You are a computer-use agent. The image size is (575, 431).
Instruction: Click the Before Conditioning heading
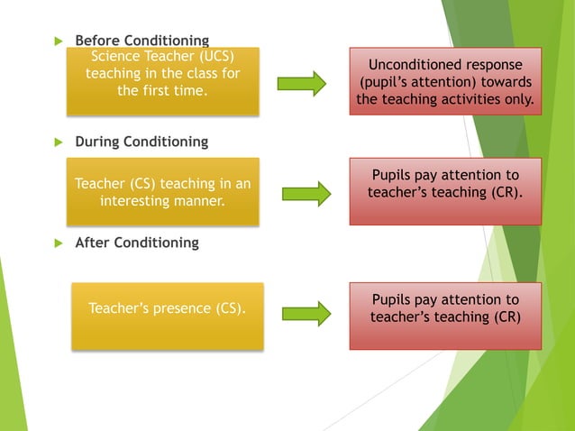click(x=141, y=41)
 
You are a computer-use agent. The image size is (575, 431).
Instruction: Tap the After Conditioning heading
click(x=136, y=243)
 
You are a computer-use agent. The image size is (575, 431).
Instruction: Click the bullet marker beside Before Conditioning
click(x=59, y=41)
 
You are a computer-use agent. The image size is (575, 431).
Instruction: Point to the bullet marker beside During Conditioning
click(x=59, y=142)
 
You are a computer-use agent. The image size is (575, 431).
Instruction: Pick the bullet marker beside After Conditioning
click(x=59, y=243)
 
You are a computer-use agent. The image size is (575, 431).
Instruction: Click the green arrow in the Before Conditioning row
click(x=301, y=84)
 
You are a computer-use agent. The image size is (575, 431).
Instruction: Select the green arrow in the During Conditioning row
click(x=306, y=193)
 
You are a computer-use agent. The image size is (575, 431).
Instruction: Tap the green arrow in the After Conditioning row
click(x=306, y=314)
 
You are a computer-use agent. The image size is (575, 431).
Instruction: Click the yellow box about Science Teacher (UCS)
click(x=163, y=81)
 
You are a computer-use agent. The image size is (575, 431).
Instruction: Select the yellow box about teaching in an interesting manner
click(x=163, y=192)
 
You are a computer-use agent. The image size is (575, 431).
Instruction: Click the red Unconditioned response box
click(x=445, y=82)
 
